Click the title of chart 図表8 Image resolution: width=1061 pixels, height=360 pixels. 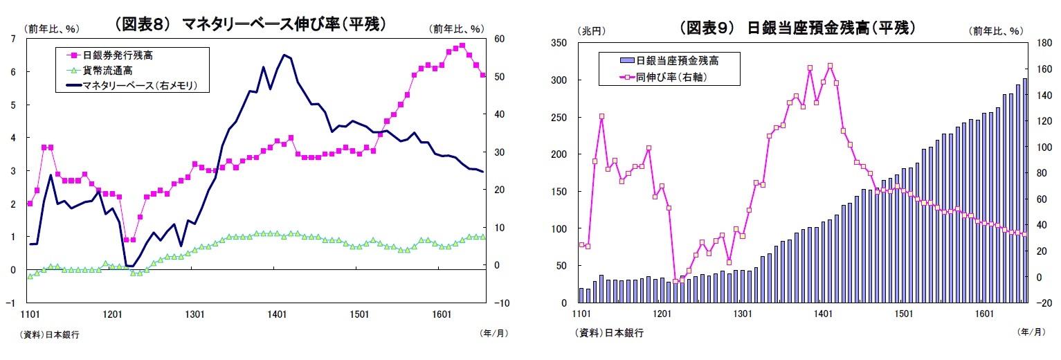pyautogui.click(x=249, y=24)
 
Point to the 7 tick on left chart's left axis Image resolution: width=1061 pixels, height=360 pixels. pyautogui.click(x=14, y=39)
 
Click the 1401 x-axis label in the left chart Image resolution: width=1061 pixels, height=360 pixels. pyautogui.click(x=277, y=314)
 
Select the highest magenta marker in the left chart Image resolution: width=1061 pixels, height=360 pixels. pyautogui.click(x=462, y=46)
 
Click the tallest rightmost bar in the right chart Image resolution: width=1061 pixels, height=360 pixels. pyautogui.click(x=1025, y=190)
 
